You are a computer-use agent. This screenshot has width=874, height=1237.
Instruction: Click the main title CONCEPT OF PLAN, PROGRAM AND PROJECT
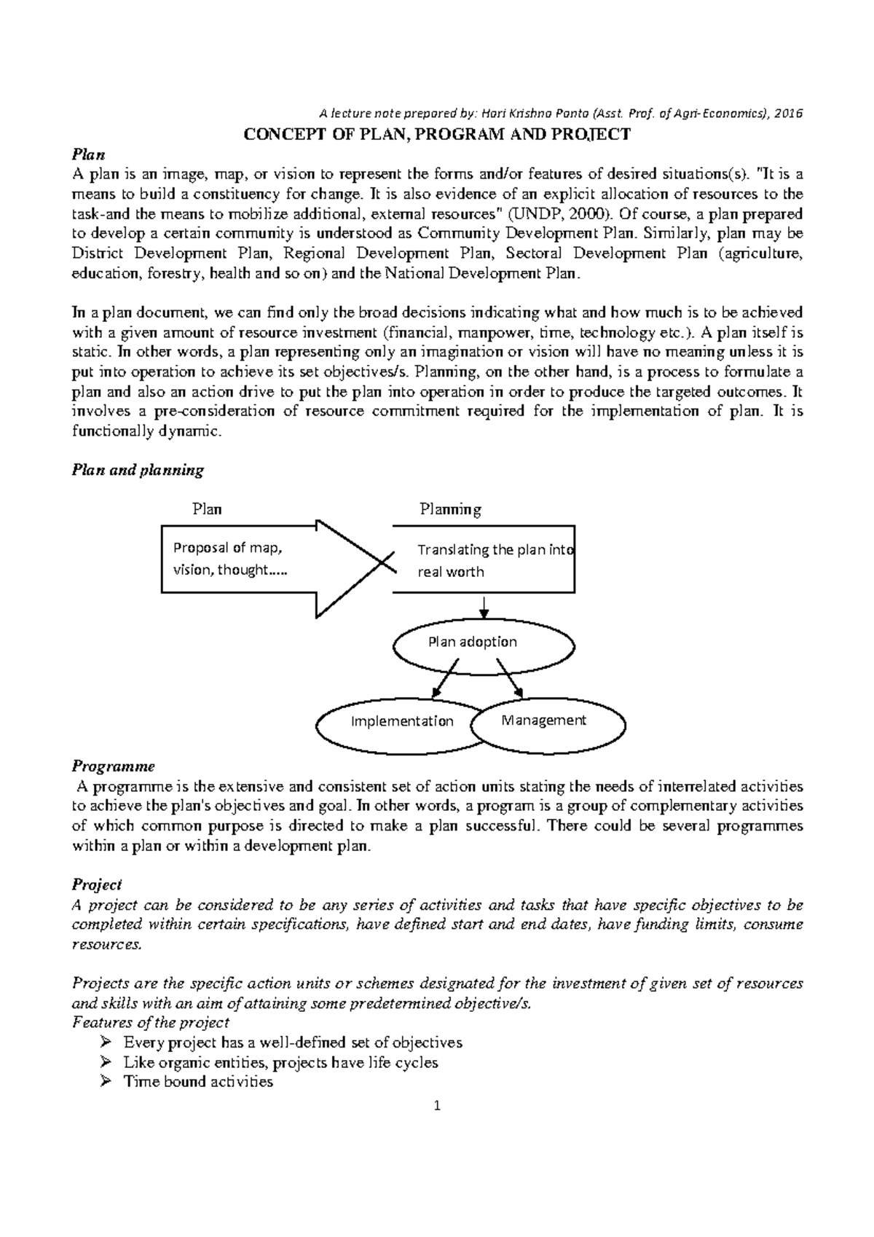(x=436, y=135)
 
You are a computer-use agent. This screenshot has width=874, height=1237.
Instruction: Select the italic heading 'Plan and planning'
(x=138, y=470)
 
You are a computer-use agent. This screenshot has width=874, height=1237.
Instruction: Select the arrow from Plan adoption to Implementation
(x=446, y=678)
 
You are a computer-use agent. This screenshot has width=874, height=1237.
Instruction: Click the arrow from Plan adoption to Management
(x=510, y=678)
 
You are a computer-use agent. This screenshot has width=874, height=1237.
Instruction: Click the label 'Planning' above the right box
(x=450, y=509)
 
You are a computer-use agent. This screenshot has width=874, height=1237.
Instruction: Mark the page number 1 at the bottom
(x=437, y=1107)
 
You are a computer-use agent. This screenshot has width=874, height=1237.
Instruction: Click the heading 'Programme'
(x=113, y=766)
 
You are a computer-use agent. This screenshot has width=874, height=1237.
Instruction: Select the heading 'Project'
(x=97, y=885)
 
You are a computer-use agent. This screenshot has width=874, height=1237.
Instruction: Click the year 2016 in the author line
(x=788, y=114)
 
